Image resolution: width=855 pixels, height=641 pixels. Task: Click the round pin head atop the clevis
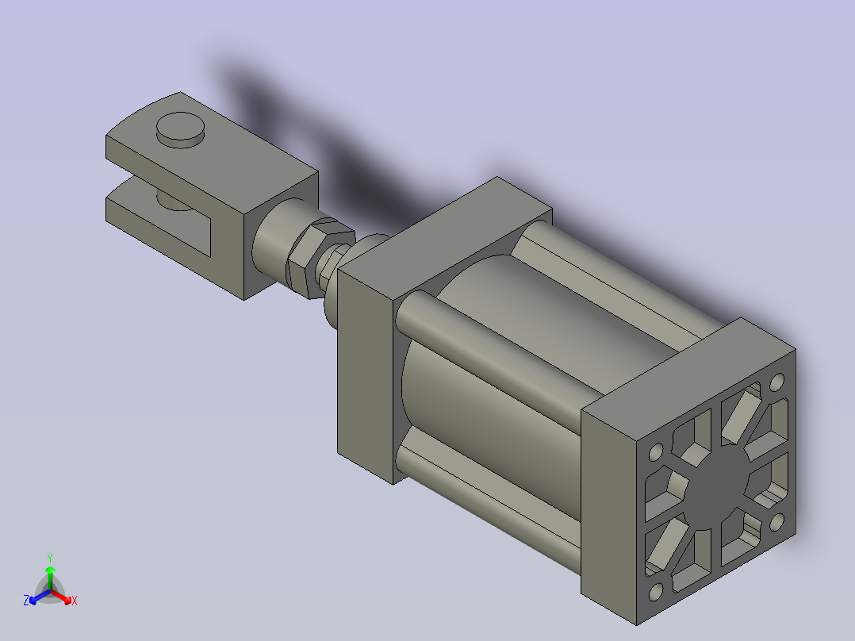181,129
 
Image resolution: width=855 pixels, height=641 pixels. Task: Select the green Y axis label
50,558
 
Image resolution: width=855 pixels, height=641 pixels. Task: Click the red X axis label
75,601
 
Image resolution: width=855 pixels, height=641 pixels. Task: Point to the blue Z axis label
26,600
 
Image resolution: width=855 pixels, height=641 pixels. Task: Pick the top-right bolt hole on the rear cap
777,381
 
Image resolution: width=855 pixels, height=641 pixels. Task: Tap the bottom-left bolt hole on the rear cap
656,591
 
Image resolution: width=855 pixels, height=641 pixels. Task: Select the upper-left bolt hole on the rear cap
656,451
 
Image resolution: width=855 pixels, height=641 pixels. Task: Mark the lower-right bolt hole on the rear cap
777,522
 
